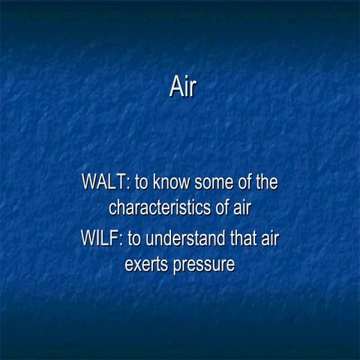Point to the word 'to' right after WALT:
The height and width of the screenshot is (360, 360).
click(x=142, y=183)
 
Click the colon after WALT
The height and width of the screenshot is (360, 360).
click(x=129, y=185)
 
